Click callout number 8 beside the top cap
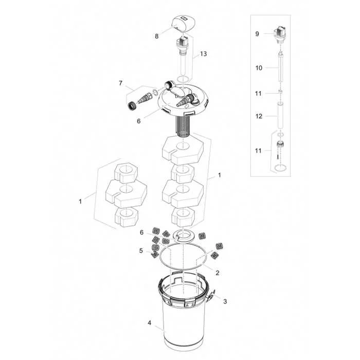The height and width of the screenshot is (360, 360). pos(156,37)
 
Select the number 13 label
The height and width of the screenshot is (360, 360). pos(204,53)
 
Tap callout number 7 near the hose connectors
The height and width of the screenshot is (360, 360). pos(121,83)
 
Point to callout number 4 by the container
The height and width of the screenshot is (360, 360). pos(150,323)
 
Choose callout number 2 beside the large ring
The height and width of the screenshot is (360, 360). pos(218,273)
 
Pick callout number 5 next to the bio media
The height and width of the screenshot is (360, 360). pos(141,251)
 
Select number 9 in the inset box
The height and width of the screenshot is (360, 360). pos(257,34)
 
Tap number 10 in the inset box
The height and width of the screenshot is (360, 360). pos(259,68)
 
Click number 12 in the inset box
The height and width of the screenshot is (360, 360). pos(259,116)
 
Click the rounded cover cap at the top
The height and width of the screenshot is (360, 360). pos(184,24)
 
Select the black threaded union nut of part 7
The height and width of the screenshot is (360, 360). pos(132,106)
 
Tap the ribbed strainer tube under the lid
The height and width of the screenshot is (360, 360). pos(183,127)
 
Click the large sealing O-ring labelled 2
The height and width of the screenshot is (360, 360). pos(183,268)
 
